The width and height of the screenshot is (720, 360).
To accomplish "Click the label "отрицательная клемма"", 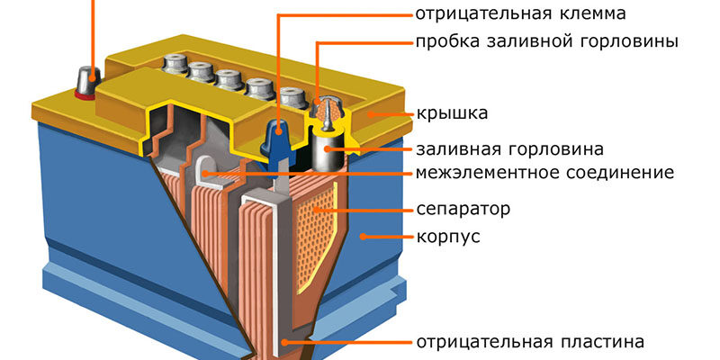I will (520, 14).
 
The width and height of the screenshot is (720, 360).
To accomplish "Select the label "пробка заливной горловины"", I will (546, 41).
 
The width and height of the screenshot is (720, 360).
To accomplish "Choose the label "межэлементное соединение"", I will (544, 172).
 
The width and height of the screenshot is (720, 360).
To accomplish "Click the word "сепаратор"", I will (463, 209).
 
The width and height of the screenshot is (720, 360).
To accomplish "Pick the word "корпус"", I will (448, 237).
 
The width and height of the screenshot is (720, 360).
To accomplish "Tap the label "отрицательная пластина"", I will (530, 342).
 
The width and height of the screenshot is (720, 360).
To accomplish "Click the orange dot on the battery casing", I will (362, 237).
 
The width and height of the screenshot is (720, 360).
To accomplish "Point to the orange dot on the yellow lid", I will (369, 114).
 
